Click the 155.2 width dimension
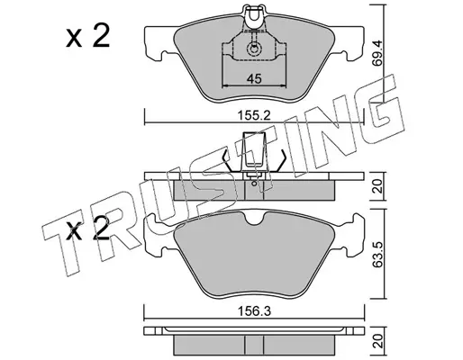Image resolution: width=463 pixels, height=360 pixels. point(254,115)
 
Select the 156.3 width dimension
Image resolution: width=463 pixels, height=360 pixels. point(254,311)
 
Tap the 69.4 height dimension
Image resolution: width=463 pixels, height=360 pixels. point(378,54)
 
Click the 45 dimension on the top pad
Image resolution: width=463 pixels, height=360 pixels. point(254,79)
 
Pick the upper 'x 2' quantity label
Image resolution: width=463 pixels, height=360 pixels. point(87,36)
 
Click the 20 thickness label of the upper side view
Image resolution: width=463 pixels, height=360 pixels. point(378,186)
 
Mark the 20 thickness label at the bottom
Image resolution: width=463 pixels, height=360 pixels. point(378,341)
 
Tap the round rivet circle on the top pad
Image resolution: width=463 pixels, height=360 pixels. point(254,49)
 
